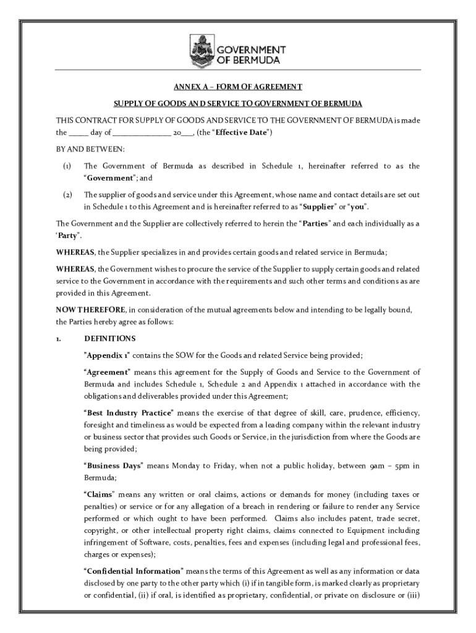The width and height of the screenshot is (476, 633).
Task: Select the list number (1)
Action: pos(67,166)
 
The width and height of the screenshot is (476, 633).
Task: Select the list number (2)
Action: pos(67,195)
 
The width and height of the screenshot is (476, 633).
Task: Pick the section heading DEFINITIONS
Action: pos(109,339)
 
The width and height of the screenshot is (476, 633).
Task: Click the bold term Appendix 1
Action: pos(107,355)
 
